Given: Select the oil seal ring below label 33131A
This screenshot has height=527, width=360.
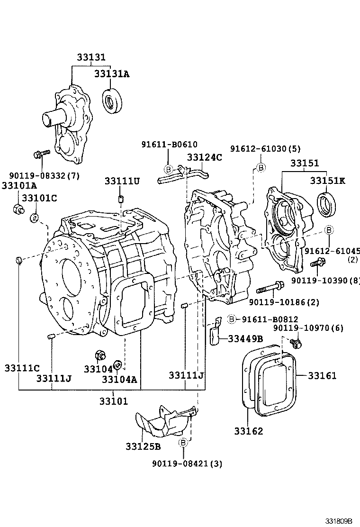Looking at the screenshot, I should click(x=113, y=100).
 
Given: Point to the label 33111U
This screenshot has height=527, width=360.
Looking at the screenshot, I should click(x=122, y=181).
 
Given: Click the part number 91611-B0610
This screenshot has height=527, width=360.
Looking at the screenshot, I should click(x=169, y=145).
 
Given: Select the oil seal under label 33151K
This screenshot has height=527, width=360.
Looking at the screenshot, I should click(x=326, y=204).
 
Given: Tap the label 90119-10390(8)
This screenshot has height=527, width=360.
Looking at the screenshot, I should click(x=325, y=281).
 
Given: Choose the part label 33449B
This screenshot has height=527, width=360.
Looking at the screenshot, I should click(x=245, y=338).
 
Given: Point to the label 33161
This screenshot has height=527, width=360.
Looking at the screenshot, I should click(x=322, y=376).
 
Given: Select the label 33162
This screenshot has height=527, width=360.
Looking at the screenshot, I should click(x=248, y=431).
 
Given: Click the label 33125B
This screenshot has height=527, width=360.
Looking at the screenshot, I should click(x=143, y=446).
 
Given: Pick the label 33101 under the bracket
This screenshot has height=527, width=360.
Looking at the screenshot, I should click(x=114, y=401).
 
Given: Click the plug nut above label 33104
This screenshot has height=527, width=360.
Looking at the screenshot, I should click(x=100, y=354).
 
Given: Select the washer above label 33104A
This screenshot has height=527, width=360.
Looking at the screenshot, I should click(x=118, y=365).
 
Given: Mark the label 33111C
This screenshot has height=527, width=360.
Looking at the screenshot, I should click(x=22, y=367).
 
